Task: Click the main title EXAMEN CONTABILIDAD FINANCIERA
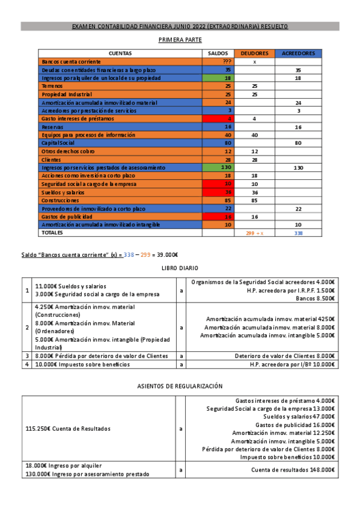pos(180,26)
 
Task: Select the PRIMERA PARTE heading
pos(180,40)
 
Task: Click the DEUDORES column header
pos(254,53)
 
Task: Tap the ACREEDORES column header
pos(298,53)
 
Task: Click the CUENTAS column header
pos(120,53)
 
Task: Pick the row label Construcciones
pos(59,200)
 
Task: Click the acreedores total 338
pos(298,232)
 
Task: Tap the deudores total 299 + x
pos(254,232)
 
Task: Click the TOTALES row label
pos(51,232)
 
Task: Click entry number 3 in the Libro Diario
pos(27,356)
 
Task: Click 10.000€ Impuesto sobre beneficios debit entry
pos(82,364)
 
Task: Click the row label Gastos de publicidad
pos(66,216)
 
